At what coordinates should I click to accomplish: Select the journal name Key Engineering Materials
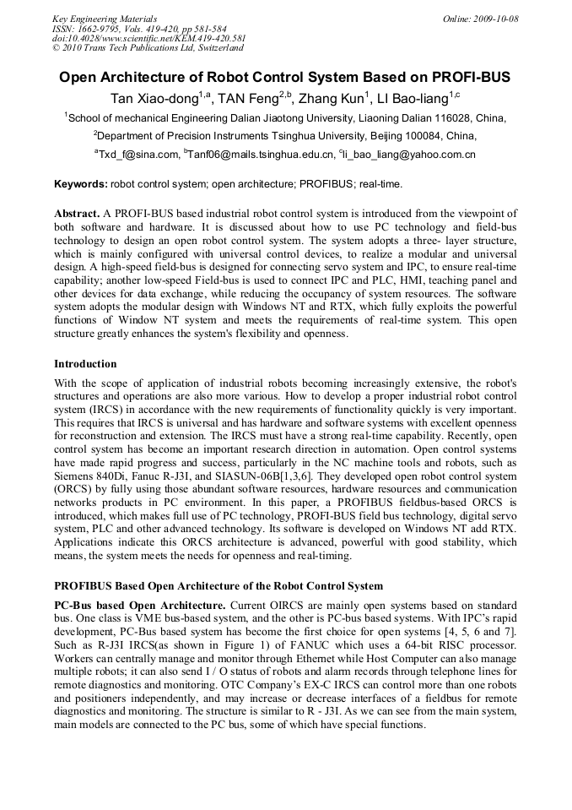click(x=105, y=19)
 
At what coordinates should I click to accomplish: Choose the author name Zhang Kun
click(x=333, y=99)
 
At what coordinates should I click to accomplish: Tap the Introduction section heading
click(x=85, y=364)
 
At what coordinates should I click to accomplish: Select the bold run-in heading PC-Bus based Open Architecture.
click(x=140, y=605)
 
